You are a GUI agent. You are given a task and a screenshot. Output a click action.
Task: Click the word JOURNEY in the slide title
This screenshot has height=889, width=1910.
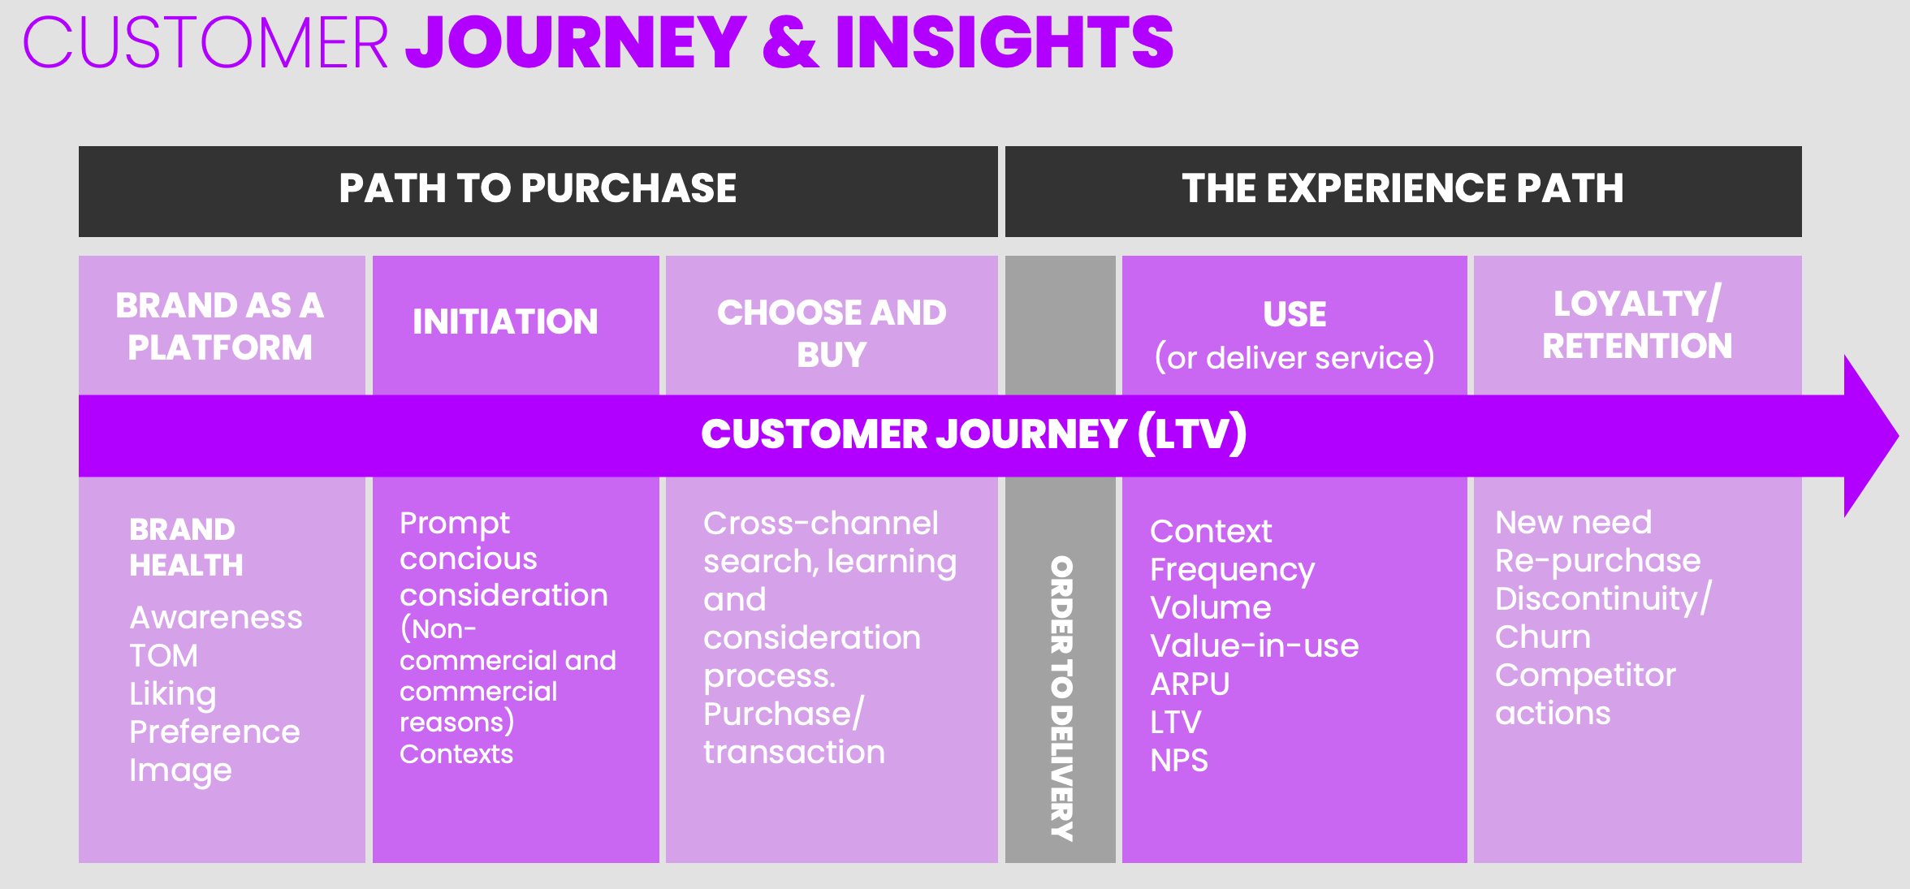pyautogui.click(x=575, y=42)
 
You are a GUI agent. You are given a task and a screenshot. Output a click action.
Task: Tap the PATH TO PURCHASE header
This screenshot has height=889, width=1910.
pyautogui.click(x=538, y=188)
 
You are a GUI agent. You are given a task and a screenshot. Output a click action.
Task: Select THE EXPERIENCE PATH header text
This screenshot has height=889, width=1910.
pyautogui.click(x=1402, y=188)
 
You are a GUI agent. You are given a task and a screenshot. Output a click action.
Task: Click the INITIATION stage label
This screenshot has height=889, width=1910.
pyautogui.click(x=505, y=322)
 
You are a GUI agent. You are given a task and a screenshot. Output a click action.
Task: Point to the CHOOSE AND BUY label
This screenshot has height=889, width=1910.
pyautogui.click(x=832, y=333)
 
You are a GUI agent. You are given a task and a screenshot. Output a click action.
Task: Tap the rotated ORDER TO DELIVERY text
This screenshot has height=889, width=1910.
pyautogui.click(x=1061, y=698)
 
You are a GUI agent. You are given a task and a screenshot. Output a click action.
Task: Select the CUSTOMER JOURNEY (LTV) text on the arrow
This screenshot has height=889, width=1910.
pyautogui.click(x=973, y=434)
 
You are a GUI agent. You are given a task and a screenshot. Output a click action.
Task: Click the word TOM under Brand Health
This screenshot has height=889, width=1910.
pyautogui.click(x=163, y=656)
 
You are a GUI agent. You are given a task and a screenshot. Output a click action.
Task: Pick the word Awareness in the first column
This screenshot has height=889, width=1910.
pyautogui.click(x=216, y=618)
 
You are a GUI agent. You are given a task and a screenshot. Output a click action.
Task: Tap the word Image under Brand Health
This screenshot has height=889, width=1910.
pyautogui.click(x=180, y=770)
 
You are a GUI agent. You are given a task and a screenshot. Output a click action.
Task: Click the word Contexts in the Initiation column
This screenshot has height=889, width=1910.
pyautogui.click(x=456, y=754)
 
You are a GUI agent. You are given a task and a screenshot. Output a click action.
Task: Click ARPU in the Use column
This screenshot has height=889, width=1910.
pyautogui.click(x=1190, y=684)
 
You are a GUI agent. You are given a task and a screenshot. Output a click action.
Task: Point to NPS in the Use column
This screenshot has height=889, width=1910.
pyautogui.click(x=1179, y=761)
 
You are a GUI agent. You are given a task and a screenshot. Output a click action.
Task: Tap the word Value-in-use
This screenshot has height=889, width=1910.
pyautogui.click(x=1254, y=646)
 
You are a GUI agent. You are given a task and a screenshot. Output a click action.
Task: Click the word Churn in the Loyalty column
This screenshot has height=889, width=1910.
pyautogui.click(x=1542, y=637)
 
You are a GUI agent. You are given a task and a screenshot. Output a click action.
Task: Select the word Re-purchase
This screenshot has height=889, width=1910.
pyautogui.click(x=1597, y=561)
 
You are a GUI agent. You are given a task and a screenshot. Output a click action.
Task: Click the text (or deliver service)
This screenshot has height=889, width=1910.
pyautogui.click(x=1294, y=358)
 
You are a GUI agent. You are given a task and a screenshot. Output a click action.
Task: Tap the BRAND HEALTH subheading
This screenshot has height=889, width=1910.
pyautogui.click(x=186, y=547)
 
